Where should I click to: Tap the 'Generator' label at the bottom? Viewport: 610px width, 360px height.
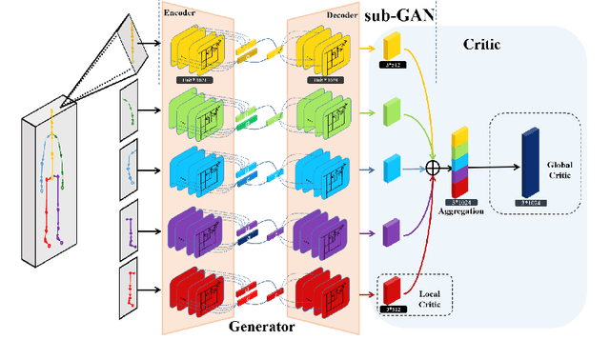(x=262, y=327)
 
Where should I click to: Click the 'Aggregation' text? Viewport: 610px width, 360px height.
(x=462, y=210)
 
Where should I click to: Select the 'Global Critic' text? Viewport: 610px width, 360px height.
(x=559, y=169)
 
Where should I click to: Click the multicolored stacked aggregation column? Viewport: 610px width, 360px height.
(x=460, y=163)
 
